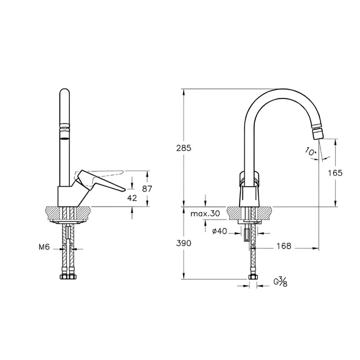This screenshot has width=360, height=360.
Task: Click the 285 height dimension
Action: click(184, 148)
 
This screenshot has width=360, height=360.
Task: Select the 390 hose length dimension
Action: click(184, 243)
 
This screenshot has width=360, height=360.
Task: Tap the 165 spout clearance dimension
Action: click(335, 173)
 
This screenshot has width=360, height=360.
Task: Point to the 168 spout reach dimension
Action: click(284, 246)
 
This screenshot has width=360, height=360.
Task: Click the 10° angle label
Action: click(311, 152)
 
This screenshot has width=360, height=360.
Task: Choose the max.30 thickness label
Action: click(206, 213)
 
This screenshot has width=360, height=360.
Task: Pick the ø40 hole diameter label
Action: click(220, 231)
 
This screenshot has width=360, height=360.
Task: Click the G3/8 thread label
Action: click(280, 282)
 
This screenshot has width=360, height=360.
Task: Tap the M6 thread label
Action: click(44, 247)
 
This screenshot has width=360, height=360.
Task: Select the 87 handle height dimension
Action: click(147, 189)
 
